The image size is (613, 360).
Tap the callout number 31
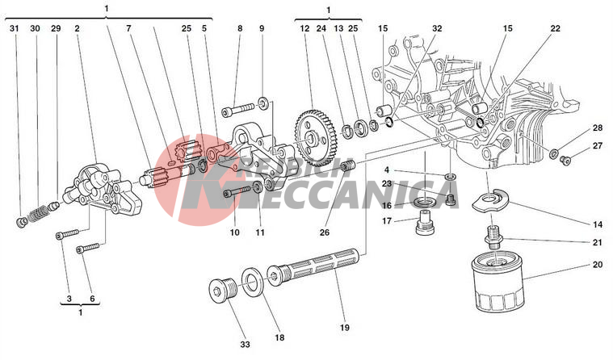14,29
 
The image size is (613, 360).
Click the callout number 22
556,29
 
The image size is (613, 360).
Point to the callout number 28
598,128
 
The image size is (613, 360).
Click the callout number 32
437,29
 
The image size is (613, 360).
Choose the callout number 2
77,29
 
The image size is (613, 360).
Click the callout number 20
598,264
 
